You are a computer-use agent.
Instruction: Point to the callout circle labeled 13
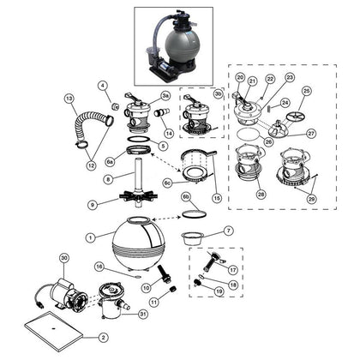click(x=69, y=99)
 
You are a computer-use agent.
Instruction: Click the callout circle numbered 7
click(x=227, y=231)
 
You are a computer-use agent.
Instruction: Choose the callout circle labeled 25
click(x=307, y=91)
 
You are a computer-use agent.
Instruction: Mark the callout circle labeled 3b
click(x=218, y=93)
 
